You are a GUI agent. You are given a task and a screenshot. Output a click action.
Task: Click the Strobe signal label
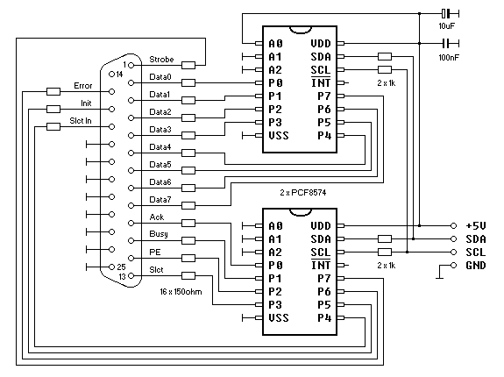click(161, 60)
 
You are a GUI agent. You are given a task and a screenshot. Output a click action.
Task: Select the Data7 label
click(160, 199)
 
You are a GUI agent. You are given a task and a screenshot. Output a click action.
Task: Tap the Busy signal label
click(159, 234)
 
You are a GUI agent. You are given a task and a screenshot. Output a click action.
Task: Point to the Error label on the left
click(82, 86)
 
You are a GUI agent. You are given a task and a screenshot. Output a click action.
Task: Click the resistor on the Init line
click(53, 110)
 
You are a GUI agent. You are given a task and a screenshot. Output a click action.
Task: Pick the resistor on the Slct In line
click(53, 127)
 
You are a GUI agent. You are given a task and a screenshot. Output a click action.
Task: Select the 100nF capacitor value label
click(449, 58)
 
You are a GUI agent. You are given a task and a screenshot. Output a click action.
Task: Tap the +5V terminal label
click(476, 225)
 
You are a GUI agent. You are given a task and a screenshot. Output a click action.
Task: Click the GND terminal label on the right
click(476, 265)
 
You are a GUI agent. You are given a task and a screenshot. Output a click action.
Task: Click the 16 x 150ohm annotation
click(186, 290)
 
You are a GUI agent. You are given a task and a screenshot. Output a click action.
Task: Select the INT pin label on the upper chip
click(321, 82)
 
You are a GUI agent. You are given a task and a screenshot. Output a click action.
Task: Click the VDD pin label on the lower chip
click(321, 225)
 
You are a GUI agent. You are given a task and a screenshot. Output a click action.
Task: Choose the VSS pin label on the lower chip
click(279, 317)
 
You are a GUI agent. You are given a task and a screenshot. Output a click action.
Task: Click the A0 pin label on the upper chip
click(276, 43)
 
